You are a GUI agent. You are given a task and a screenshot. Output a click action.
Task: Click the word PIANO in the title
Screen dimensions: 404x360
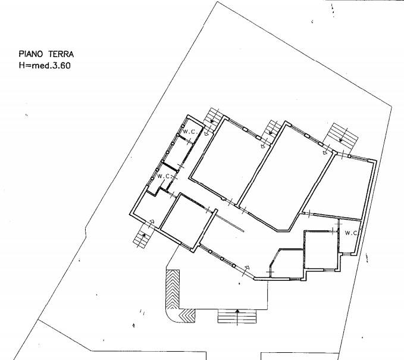(30, 54)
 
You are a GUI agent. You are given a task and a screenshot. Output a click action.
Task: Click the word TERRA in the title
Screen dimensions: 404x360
(61, 54)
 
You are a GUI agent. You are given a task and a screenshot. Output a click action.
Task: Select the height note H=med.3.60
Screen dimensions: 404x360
(45, 65)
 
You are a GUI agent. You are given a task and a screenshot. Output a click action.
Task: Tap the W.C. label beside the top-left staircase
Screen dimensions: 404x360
(190, 132)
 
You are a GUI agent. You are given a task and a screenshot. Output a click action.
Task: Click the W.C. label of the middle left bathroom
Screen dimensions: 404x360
(164, 177)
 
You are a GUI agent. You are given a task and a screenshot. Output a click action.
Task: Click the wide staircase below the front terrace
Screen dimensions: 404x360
(237, 316)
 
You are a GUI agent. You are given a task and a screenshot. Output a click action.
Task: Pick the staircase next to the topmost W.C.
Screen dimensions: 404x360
(213, 120)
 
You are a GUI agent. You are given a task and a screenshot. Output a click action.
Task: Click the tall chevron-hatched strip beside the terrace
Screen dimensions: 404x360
(173, 289)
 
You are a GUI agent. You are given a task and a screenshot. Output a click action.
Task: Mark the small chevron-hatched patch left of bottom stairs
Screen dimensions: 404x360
(187, 316)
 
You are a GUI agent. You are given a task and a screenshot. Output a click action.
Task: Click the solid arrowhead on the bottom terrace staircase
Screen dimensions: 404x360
(237, 311)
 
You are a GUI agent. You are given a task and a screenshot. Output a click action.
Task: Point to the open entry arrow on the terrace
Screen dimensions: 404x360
(247, 267)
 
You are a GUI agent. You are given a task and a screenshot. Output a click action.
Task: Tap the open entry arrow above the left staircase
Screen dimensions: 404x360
(152, 221)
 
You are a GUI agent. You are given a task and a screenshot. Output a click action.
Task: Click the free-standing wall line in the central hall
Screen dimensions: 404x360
(229, 222)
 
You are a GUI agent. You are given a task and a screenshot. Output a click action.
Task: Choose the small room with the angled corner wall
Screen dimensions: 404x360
(287, 264)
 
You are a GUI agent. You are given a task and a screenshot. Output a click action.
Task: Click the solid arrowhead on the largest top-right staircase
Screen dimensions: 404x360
(341, 140)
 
